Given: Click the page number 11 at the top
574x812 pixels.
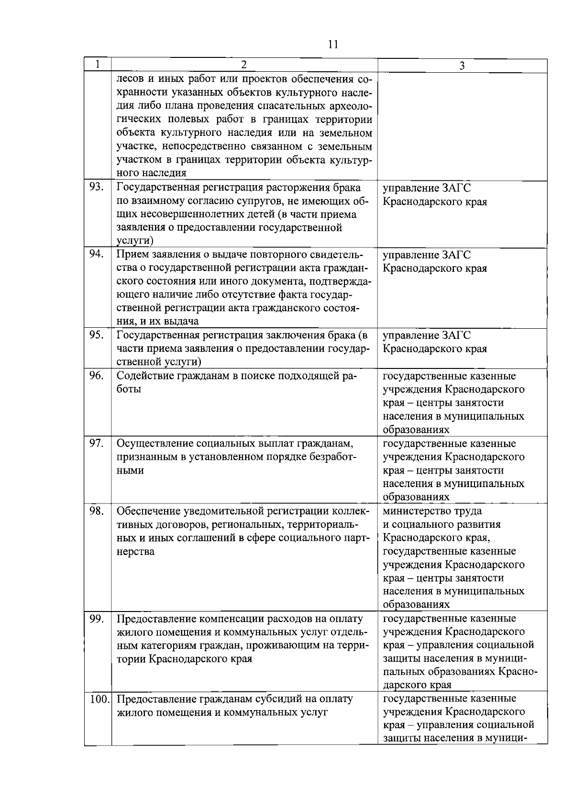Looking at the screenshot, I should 333,44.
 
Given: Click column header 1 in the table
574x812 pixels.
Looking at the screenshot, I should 98,65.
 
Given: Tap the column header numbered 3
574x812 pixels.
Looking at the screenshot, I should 462,66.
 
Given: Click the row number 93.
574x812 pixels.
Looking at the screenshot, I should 97,187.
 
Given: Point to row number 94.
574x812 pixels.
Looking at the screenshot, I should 97,254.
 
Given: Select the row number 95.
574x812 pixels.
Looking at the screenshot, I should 97,334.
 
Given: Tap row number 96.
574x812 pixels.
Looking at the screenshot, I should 97,375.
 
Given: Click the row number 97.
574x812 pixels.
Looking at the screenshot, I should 97,443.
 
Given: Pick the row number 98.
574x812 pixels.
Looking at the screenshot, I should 97,511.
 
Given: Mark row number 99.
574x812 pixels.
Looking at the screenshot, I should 97,618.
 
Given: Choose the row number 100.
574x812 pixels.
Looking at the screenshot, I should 99,699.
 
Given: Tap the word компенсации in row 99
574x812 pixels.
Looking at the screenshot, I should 228,619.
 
